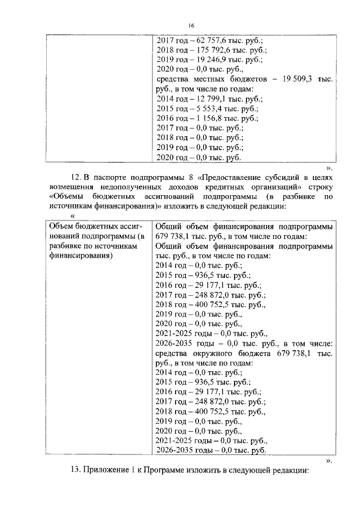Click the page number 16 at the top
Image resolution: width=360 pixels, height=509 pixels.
(x=191, y=25)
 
